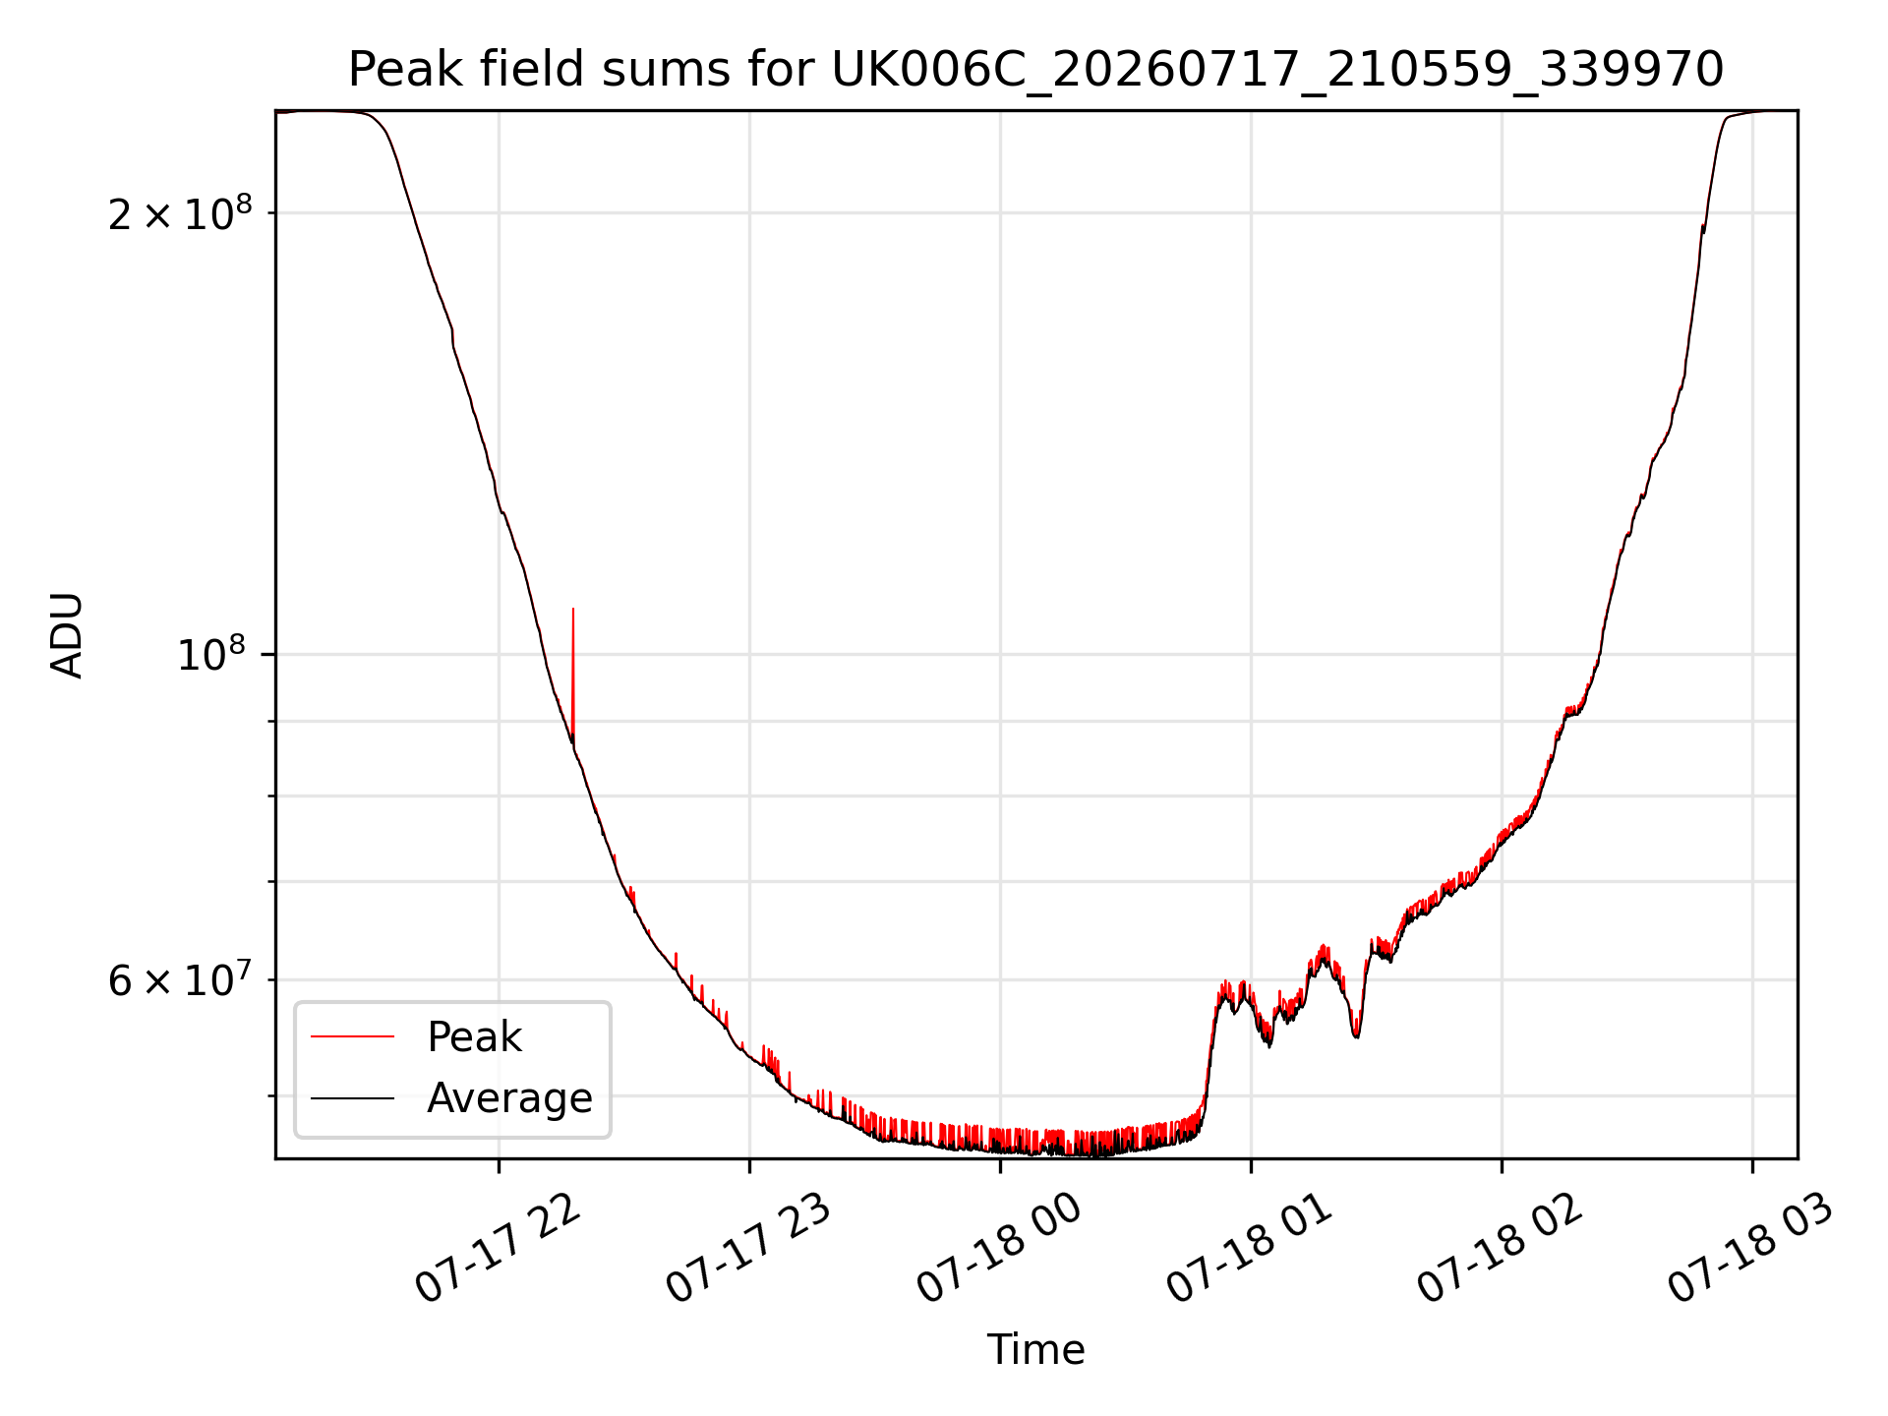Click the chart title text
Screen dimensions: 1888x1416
pyautogui.click(x=1035, y=70)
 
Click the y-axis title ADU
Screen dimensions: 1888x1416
pyautogui.click(x=67, y=635)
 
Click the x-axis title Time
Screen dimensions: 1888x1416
pyautogui.click(x=1035, y=1350)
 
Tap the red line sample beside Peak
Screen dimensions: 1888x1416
pyautogui.click(x=353, y=1036)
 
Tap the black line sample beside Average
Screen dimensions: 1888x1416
pyautogui.click(x=353, y=1097)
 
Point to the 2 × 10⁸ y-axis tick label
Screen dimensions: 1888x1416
pyautogui.click(x=180, y=212)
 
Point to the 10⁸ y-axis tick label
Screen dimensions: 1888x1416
pyautogui.click(x=214, y=654)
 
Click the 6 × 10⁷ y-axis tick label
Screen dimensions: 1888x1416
pyautogui.click(x=180, y=979)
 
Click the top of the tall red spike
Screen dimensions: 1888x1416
pyautogui.click(x=573, y=609)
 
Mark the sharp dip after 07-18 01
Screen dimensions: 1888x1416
pyautogui.click(x=1356, y=1034)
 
